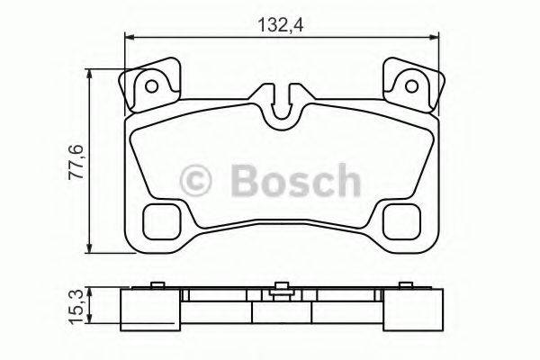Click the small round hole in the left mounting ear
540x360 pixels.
point(152,87)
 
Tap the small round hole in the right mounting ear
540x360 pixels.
point(414,87)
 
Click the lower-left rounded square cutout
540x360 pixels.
point(163,220)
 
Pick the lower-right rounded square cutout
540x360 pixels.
point(403,220)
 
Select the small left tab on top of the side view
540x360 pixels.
point(157,288)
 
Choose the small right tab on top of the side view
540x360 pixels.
point(409,288)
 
